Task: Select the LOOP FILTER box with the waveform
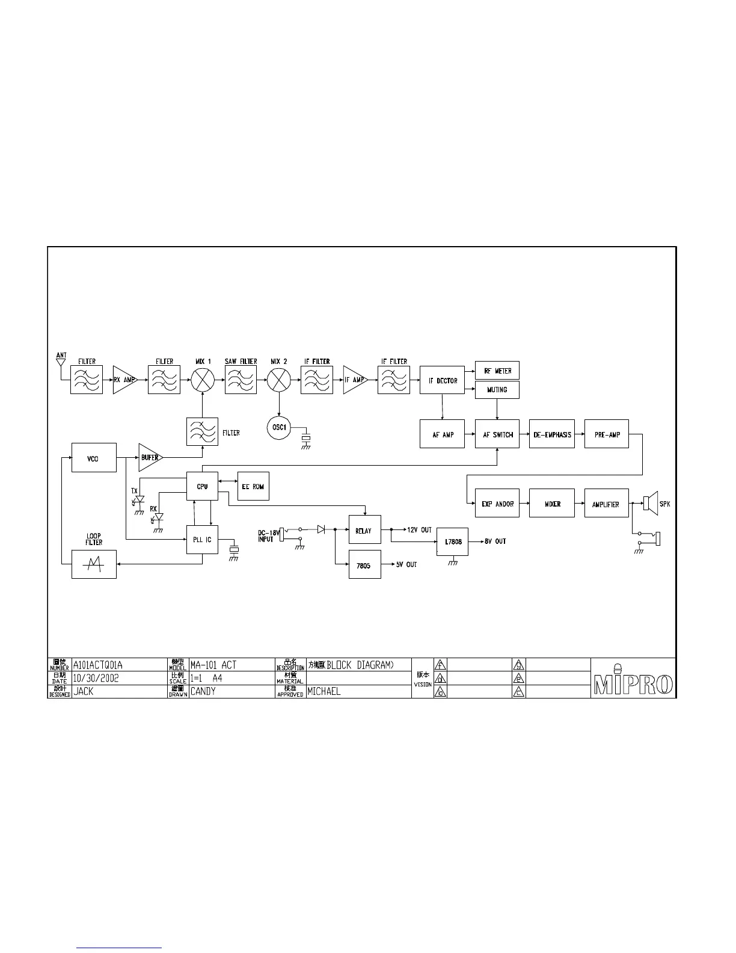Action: [93, 564]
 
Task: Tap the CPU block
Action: [202, 486]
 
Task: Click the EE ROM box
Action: [253, 486]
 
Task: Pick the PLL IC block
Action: [202, 540]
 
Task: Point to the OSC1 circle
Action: [278, 428]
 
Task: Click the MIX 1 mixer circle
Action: [203, 380]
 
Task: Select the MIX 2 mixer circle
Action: [278, 380]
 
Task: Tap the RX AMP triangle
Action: [123, 380]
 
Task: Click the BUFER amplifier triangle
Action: [149, 457]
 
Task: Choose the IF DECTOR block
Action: [443, 380]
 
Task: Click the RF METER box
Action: [497, 371]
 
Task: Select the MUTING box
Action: [497, 390]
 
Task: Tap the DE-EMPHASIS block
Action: [552, 434]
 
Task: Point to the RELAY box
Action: [364, 531]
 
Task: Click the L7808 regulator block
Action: [453, 541]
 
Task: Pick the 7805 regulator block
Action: [364, 565]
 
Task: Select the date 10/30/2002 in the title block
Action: [96, 677]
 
